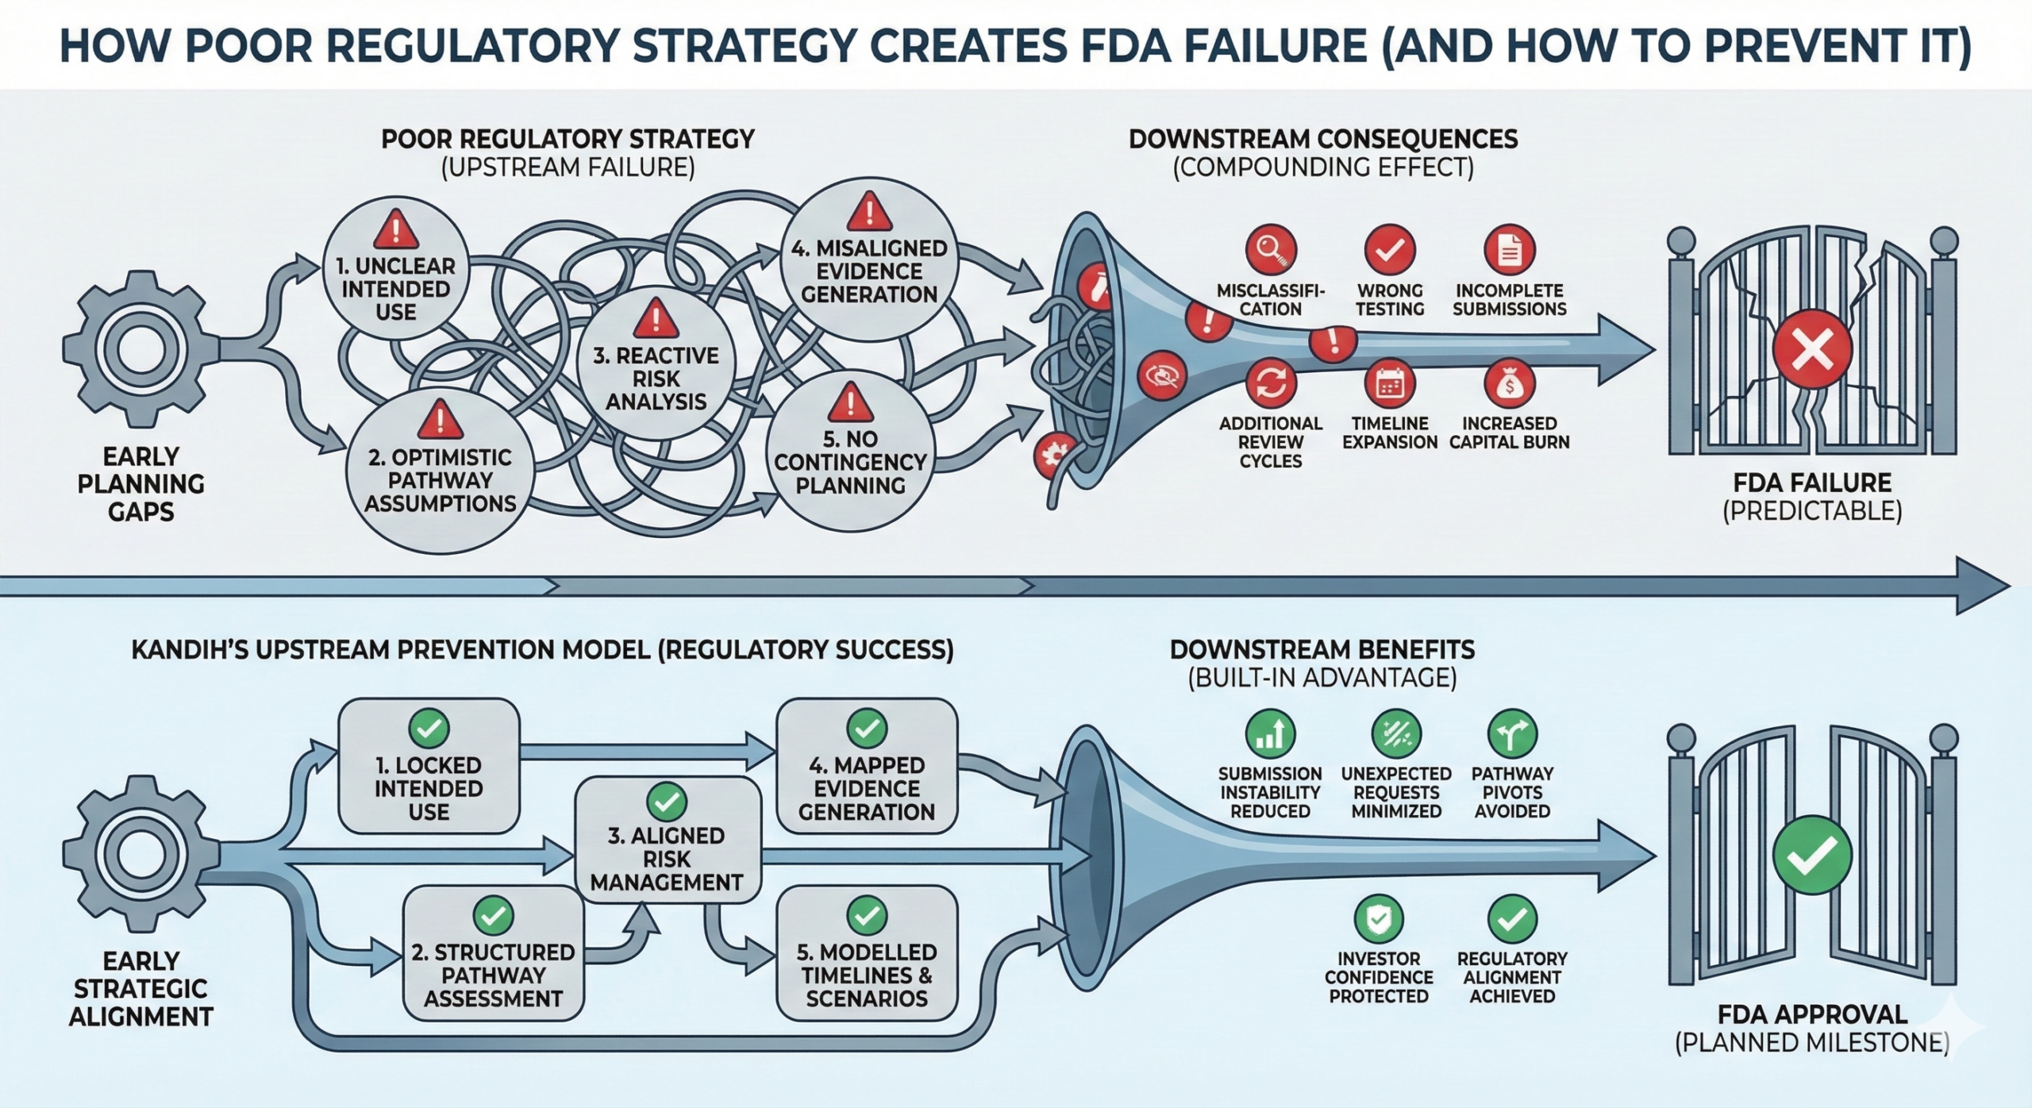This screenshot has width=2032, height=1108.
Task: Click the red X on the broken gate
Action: click(x=1812, y=349)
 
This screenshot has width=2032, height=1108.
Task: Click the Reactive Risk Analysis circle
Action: click(x=656, y=365)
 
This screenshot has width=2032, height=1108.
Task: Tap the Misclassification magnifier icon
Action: click(x=1270, y=250)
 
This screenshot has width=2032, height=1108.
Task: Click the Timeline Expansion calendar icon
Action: click(x=1389, y=384)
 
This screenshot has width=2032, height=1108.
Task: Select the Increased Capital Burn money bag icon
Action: click(x=1509, y=384)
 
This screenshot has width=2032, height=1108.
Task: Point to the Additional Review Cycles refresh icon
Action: click(x=1270, y=384)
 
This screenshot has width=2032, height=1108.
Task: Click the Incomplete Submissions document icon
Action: click(x=1509, y=250)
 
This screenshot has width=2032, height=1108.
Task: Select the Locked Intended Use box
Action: click(x=429, y=767)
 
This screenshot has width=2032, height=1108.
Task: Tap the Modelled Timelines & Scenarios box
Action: click(x=867, y=953)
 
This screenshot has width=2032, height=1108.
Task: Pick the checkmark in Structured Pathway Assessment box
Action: click(x=493, y=916)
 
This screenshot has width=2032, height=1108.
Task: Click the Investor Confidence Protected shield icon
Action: click(x=1379, y=919)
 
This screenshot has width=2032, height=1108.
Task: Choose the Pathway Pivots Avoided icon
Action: click(x=1512, y=734)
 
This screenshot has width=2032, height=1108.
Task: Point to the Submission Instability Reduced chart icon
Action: click(x=1270, y=734)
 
